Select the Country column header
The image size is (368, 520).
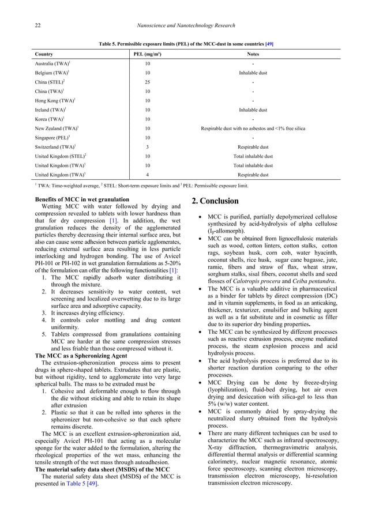[x=44, y=54]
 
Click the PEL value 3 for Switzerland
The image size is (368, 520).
[x=148, y=146]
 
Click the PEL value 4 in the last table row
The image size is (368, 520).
[x=148, y=174]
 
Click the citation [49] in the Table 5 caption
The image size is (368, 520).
[x=269, y=43]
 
